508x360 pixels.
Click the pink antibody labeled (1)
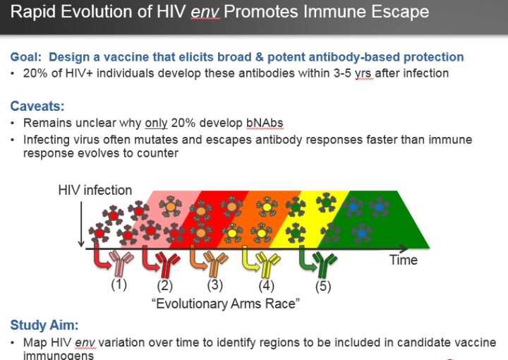click(121, 263)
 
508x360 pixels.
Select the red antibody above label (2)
click(168, 264)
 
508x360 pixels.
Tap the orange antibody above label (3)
click(216, 263)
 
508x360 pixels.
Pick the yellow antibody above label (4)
click(267, 264)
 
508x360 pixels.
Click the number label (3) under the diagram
click(215, 285)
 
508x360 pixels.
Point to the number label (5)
click(323, 287)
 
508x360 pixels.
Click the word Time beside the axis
click(404, 260)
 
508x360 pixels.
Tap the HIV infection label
click(95, 190)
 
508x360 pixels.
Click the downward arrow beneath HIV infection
click(81, 224)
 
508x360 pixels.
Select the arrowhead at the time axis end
click(404, 249)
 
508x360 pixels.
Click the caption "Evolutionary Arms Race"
click(226, 304)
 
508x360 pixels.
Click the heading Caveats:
click(37, 106)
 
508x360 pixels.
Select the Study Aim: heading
click(44, 325)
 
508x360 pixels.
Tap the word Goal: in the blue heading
click(26, 56)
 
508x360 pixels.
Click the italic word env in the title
click(205, 12)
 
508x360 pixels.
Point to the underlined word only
click(156, 123)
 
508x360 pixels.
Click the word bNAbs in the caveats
click(265, 123)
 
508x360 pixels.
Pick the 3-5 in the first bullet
click(342, 73)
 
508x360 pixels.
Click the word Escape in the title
click(400, 12)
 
